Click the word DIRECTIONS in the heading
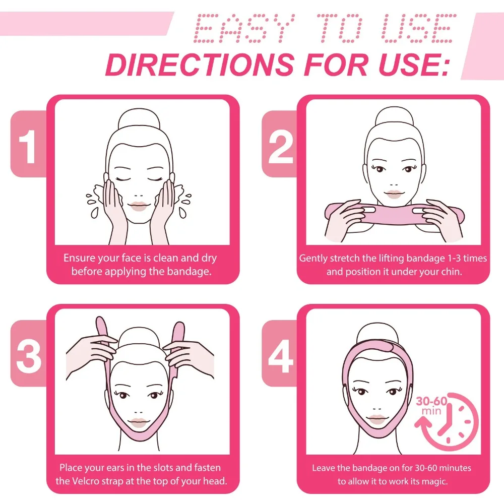click(199, 65)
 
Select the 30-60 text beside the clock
click(431, 402)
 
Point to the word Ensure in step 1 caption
click(79, 258)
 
